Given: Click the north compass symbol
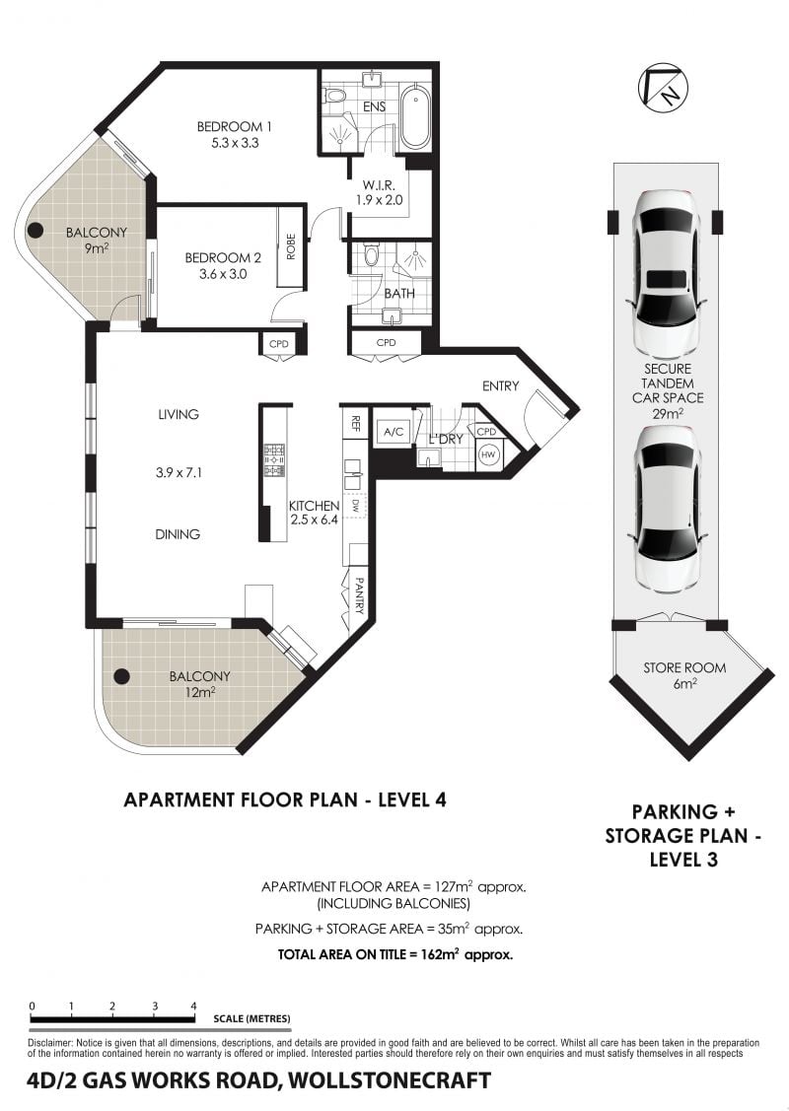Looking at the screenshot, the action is pyautogui.click(x=663, y=87).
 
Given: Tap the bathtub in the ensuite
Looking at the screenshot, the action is pyautogui.click(x=412, y=117).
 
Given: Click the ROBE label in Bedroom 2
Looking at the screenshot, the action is pyautogui.click(x=290, y=247).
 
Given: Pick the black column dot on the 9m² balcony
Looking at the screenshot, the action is pyautogui.click(x=35, y=231).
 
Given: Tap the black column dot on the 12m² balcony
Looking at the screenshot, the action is pyautogui.click(x=122, y=676).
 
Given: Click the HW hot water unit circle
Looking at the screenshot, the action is pyautogui.click(x=488, y=454).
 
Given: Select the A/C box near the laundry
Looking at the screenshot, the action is pyautogui.click(x=393, y=432).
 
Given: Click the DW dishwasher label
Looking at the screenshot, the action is pyautogui.click(x=355, y=505).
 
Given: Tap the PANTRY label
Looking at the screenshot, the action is pyautogui.click(x=359, y=595).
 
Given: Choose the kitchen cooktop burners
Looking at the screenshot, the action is pyautogui.click(x=273, y=459).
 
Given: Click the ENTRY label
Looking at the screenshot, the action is pyautogui.click(x=500, y=386).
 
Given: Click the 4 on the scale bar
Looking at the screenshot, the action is pyautogui.click(x=193, y=1006).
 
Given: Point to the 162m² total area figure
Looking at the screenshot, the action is pyautogui.click(x=437, y=953).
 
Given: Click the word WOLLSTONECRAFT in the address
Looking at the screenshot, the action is pyautogui.click(x=390, y=1080).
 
